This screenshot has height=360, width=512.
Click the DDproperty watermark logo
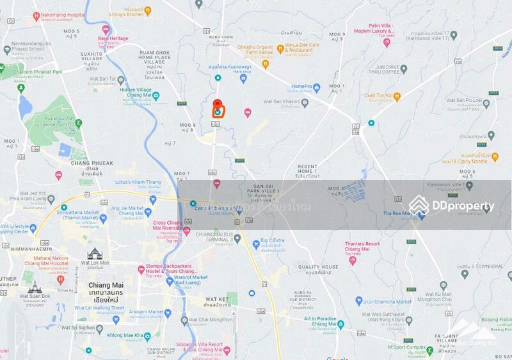pyautogui.click(x=452, y=206)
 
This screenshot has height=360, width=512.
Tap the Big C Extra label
pyautogui.click(x=272, y=241)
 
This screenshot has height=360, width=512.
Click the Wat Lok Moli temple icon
pyautogui.click(x=95, y=254)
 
